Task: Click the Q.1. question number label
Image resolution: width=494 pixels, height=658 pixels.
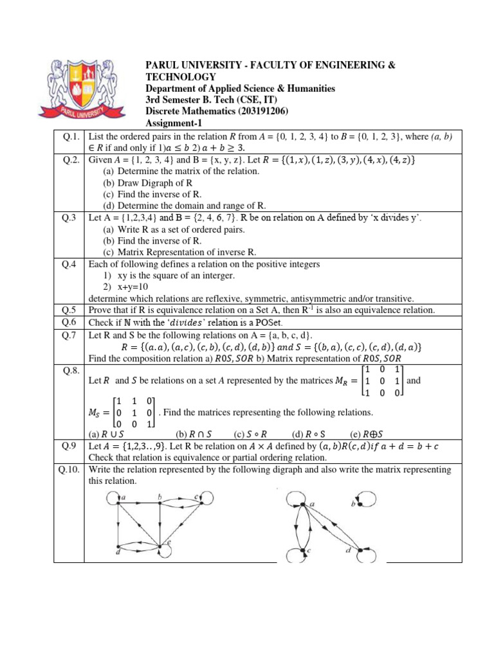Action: pyautogui.click(x=69, y=136)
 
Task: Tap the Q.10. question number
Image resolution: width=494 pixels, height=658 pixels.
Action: pyautogui.click(x=69, y=470)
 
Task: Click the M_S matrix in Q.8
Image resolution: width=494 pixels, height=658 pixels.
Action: pyautogui.click(x=133, y=411)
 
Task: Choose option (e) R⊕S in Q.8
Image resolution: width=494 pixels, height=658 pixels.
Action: pyautogui.click(x=374, y=434)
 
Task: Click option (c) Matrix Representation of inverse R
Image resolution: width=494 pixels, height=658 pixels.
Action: pyautogui.click(x=179, y=252)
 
